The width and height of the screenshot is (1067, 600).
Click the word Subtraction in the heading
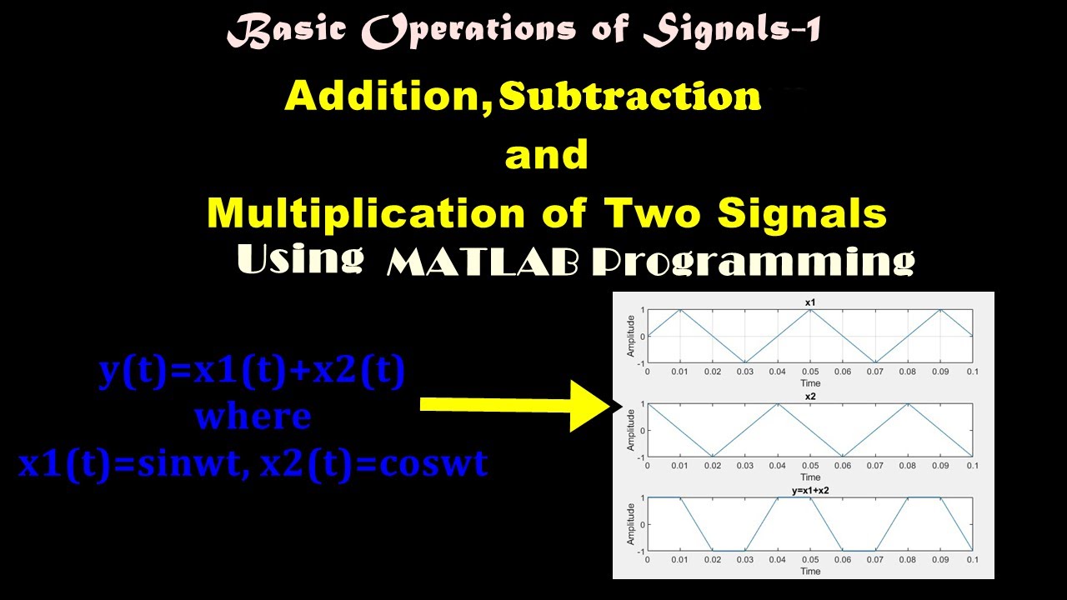click(x=630, y=98)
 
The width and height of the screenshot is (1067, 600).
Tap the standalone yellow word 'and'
click(x=547, y=157)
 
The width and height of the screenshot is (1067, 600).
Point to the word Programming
click(x=753, y=262)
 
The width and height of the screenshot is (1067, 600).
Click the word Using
click(x=300, y=258)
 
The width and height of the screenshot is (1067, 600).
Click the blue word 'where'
click(x=253, y=416)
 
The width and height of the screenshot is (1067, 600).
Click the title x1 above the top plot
click(x=809, y=301)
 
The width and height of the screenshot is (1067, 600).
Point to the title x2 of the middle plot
click(x=809, y=397)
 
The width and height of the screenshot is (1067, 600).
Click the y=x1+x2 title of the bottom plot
click(x=809, y=492)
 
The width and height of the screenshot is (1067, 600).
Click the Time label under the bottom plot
click(x=809, y=572)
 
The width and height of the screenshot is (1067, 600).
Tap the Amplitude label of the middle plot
click(x=631, y=431)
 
